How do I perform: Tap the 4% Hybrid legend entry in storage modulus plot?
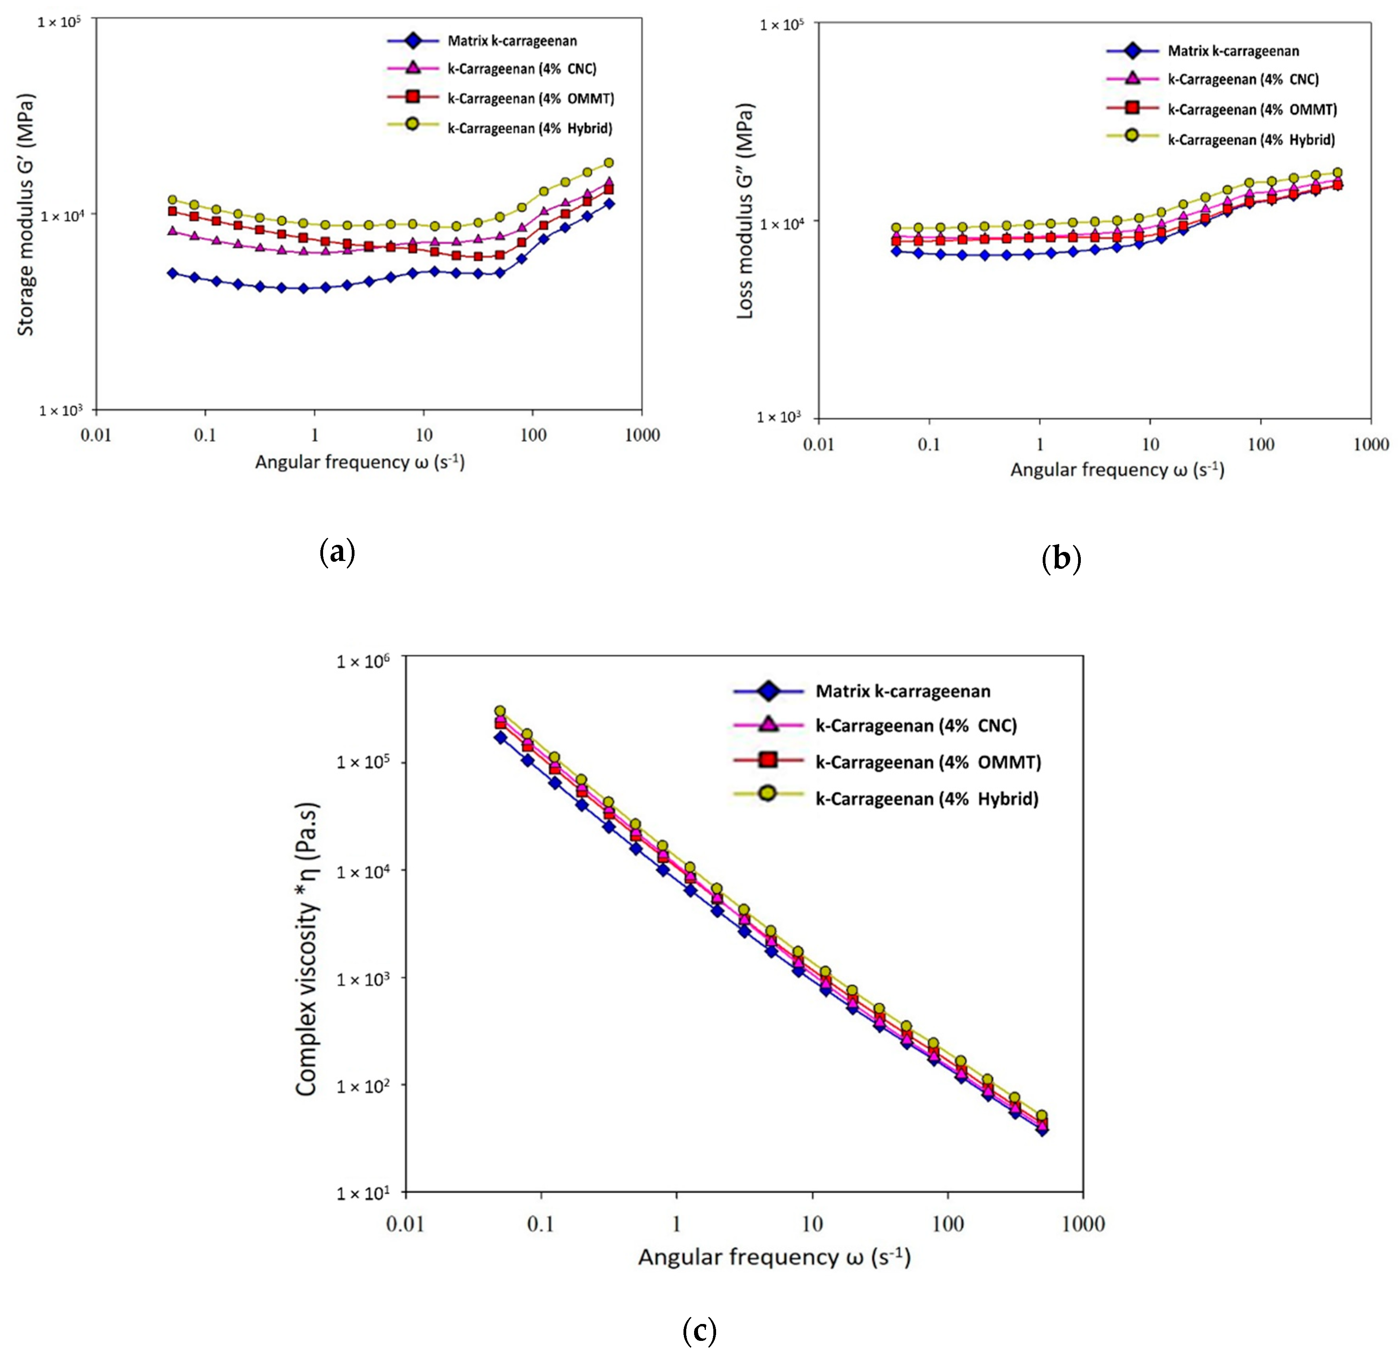(529, 129)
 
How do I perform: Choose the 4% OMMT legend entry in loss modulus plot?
(1252, 110)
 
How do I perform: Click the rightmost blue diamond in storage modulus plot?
(608, 203)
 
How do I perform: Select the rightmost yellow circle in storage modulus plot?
(608, 163)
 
